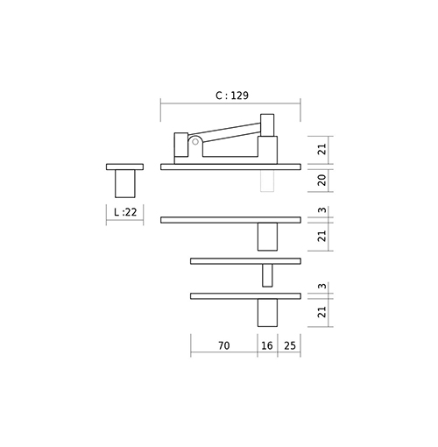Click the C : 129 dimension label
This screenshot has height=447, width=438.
[232, 96]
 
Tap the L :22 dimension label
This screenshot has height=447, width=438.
[125, 212]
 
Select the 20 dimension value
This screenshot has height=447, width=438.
[321, 180]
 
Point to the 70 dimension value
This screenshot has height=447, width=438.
[224, 345]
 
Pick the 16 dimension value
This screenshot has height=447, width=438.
[267, 345]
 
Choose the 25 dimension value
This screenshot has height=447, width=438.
[290, 345]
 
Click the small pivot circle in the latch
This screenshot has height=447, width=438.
[195, 142]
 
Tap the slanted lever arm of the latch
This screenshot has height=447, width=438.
[225, 133]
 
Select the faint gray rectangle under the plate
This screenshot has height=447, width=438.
[267, 181]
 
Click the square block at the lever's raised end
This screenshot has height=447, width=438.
[267, 125]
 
